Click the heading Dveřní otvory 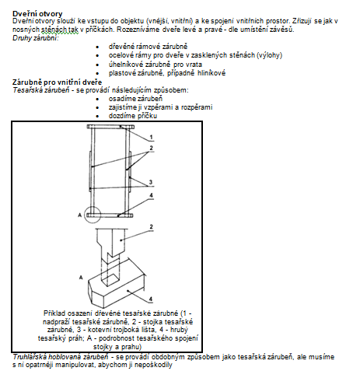click(37, 14)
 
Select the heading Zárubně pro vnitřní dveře click(57, 82)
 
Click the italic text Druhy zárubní click(36, 38)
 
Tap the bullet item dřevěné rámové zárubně click(148, 47)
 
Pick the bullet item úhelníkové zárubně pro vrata click(156, 65)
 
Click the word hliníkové click(211, 73)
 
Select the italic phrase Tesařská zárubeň click(41, 90)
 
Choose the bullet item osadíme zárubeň click(135, 99)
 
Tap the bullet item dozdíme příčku click(133, 116)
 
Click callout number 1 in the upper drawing click(151, 137)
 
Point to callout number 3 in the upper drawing click(151, 182)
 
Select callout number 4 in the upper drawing click(151, 195)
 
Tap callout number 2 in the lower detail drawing click(151, 227)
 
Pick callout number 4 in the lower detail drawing click(151, 299)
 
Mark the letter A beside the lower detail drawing click(81, 278)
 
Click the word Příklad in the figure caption click(54, 313)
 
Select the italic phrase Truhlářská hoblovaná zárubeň click(61, 357)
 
